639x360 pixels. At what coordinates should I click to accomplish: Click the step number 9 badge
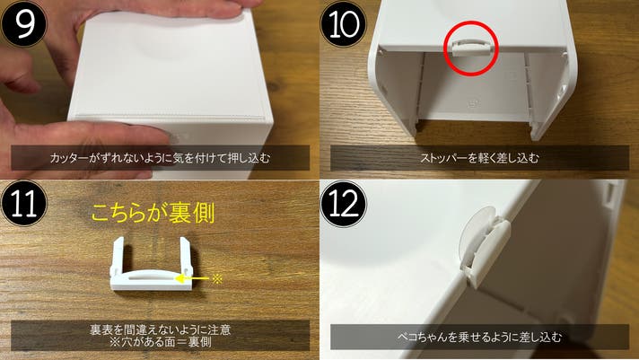tap(23, 23)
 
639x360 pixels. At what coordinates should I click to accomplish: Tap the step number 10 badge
tap(344, 23)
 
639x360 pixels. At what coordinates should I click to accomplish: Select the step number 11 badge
tap(23, 203)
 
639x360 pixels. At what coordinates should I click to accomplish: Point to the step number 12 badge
tap(344, 204)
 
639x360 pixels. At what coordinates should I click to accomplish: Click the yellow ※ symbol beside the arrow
tap(217, 279)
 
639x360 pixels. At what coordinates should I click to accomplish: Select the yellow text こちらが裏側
tap(153, 214)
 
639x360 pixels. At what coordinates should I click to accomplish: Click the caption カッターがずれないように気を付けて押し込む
tap(160, 158)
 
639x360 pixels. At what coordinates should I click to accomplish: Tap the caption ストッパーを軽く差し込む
tap(479, 158)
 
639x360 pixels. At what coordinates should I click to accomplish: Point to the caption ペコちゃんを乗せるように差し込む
tap(479, 338)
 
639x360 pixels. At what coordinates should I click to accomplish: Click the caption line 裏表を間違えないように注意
tap(160, 329)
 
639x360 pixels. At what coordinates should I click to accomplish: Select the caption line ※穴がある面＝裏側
tap(160, 342)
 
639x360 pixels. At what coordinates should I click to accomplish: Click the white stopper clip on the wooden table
tap(151, 280)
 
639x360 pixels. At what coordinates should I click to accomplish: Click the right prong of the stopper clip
tap(186, 256)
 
